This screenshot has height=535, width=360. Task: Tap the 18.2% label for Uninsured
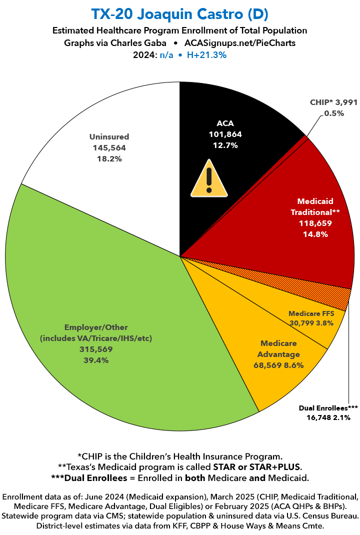pos(109,158)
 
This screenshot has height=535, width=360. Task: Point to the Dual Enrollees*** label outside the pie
pos(328,407)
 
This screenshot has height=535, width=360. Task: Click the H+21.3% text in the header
pos(207,55)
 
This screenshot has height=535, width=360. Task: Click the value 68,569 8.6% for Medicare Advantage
pos(278,365)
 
